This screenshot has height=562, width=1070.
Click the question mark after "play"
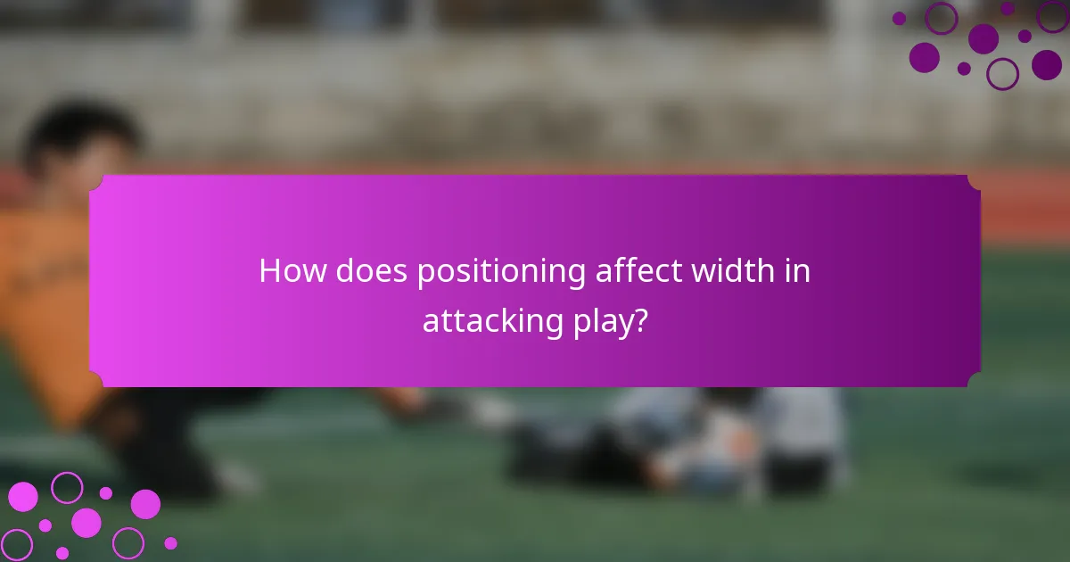click(638, 321)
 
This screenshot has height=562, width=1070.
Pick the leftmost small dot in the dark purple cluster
click(899, 18)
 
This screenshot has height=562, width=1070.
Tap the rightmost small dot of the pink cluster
click(170, 542)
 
